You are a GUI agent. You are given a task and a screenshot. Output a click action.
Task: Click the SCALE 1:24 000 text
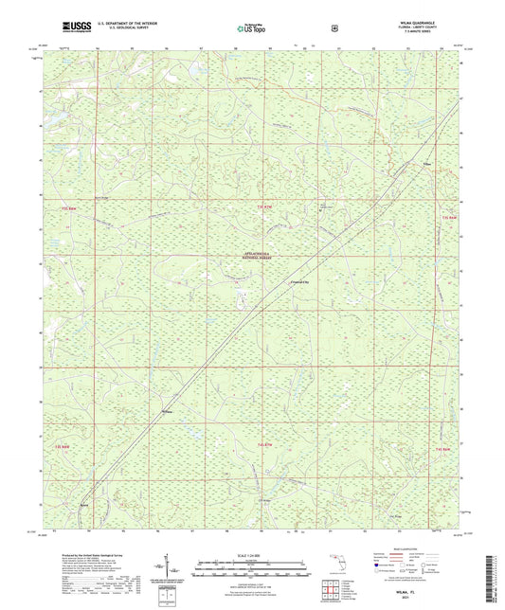point(252,555)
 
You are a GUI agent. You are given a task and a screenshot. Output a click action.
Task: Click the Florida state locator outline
point(333,565)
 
